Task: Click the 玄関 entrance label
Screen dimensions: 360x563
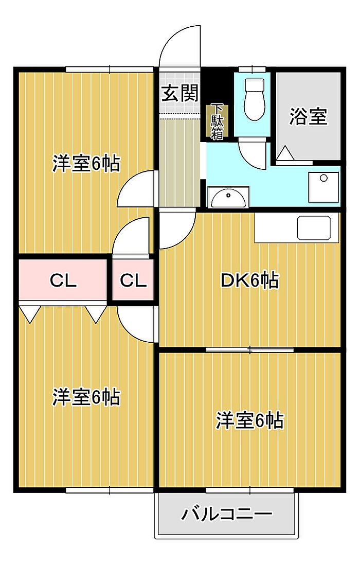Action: pos(180,94)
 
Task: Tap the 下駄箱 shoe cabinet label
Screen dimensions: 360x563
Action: pos(217,122)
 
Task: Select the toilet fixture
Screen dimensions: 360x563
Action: pos(255,99)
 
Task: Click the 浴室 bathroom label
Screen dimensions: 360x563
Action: pos(309,117)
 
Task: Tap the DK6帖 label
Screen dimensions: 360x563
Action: pos(249,280)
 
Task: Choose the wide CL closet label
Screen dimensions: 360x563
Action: pos(63,280)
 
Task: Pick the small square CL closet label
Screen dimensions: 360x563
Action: pos(133,280)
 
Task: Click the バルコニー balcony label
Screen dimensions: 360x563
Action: pos(227,515)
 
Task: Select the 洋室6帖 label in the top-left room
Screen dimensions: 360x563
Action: pos(86,164)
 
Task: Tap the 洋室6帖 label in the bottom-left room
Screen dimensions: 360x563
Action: pos(86,397)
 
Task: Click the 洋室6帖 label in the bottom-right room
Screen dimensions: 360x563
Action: pos(249,420)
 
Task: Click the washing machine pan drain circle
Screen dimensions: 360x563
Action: pos(324,178)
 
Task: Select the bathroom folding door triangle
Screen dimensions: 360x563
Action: pos(286,153)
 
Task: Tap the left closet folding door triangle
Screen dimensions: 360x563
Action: pos(30,313)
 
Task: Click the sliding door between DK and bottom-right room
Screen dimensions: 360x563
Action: pos(250,349)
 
